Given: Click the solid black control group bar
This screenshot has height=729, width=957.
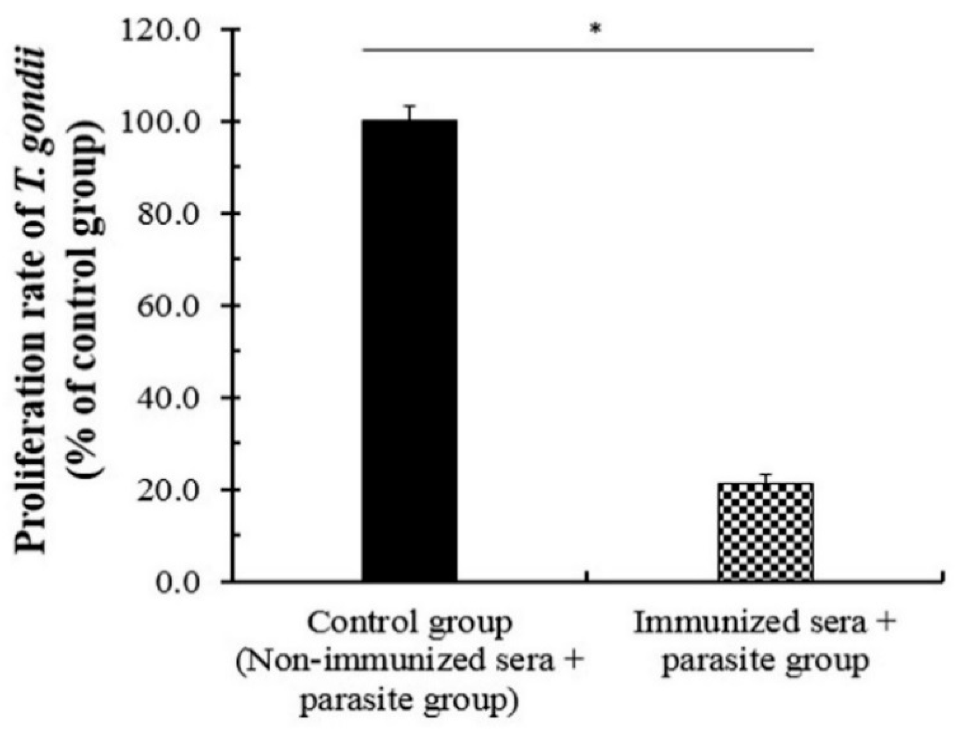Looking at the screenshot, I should pyautogui.click(x=409, y=350).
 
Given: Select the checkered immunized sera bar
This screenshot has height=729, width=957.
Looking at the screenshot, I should pyautogui.click(x=766, y=533).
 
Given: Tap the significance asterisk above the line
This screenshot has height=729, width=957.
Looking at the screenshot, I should pyautogui.click(x=595, y=29).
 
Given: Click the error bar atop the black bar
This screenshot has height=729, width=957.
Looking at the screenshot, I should pyautogui.click(x=410, y=112).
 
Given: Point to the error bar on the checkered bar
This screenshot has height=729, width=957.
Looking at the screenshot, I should pyautogui.click(x=766, y=479).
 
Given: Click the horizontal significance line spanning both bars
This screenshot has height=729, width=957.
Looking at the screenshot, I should pyautogui.click(x=588, y=50).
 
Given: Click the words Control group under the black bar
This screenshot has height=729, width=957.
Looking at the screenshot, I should pyautogui.click(x=409, y=624).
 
